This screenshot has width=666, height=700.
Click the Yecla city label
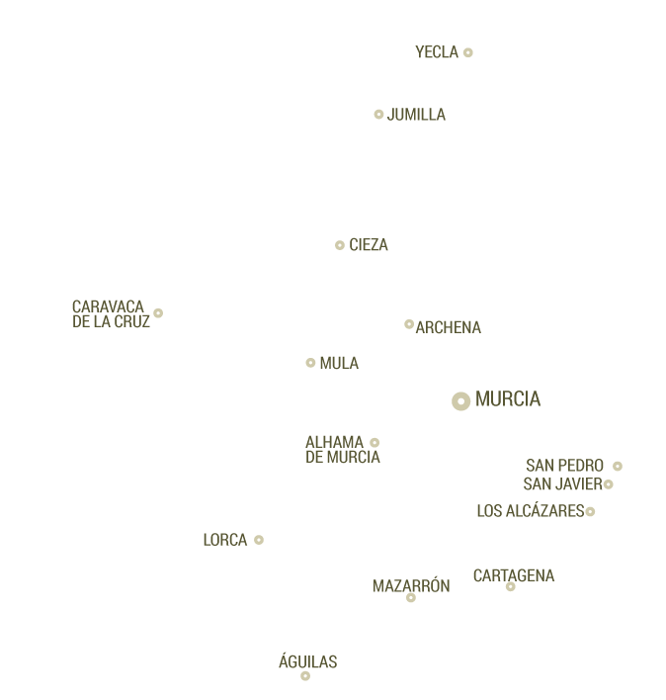point(437,52)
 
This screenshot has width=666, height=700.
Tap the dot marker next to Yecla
point(468,52)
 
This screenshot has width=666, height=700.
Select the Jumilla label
point(416,115)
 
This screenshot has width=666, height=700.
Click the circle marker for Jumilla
point(378,115)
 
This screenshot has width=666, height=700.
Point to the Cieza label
point(369,245)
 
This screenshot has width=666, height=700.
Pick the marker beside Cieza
point(340,245)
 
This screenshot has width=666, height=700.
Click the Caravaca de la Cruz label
point(111,314)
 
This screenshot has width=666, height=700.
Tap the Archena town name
point(449,328)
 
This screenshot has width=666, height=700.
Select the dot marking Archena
point(409,324)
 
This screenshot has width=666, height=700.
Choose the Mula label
point(339,364)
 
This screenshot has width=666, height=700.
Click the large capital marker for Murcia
point(460,400)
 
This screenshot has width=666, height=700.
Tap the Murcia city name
point(508,399)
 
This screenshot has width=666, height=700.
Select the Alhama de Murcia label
point(342,450)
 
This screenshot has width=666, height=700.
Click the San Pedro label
point(564,466)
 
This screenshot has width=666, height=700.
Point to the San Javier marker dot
point(609,484)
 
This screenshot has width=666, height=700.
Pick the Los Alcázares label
point(530,511)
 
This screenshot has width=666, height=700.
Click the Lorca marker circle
point(259,540)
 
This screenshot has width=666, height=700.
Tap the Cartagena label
point(514,575)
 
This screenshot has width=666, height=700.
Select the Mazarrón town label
point(411,586)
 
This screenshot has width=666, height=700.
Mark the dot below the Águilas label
point(305,676)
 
